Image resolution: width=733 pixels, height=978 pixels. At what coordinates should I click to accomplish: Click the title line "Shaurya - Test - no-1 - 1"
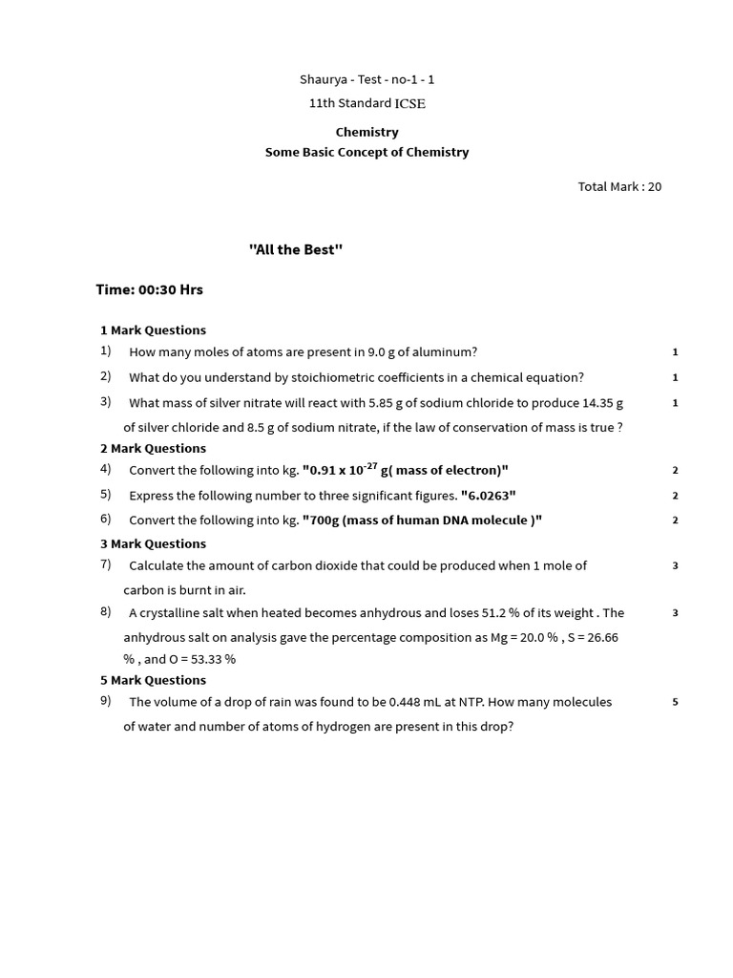click(366, 80)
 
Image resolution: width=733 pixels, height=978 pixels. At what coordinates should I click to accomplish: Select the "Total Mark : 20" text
click(619, 186)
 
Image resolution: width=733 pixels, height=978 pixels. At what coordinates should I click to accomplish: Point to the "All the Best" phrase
click(296, 249)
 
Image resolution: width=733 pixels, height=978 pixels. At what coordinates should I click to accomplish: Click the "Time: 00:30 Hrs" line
click(150, 289)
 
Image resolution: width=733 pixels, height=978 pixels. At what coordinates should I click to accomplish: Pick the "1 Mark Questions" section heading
click(153, 330)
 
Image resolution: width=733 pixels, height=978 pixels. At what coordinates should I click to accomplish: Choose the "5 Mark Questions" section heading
click(153, 680)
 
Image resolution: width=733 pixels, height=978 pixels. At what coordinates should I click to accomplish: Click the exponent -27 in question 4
click(371, 465)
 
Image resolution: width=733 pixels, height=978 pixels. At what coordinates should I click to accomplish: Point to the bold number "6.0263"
click(488, 496)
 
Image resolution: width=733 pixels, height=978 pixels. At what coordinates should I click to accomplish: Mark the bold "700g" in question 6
click(321, 521)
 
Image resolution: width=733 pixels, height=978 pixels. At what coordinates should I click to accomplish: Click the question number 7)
click(106, 564)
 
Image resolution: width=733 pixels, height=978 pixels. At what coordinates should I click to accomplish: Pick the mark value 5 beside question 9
click(675, 702)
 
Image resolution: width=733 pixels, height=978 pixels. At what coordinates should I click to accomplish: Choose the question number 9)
click(106, 701)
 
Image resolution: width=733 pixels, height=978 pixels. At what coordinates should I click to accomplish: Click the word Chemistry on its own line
click(366, 132)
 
